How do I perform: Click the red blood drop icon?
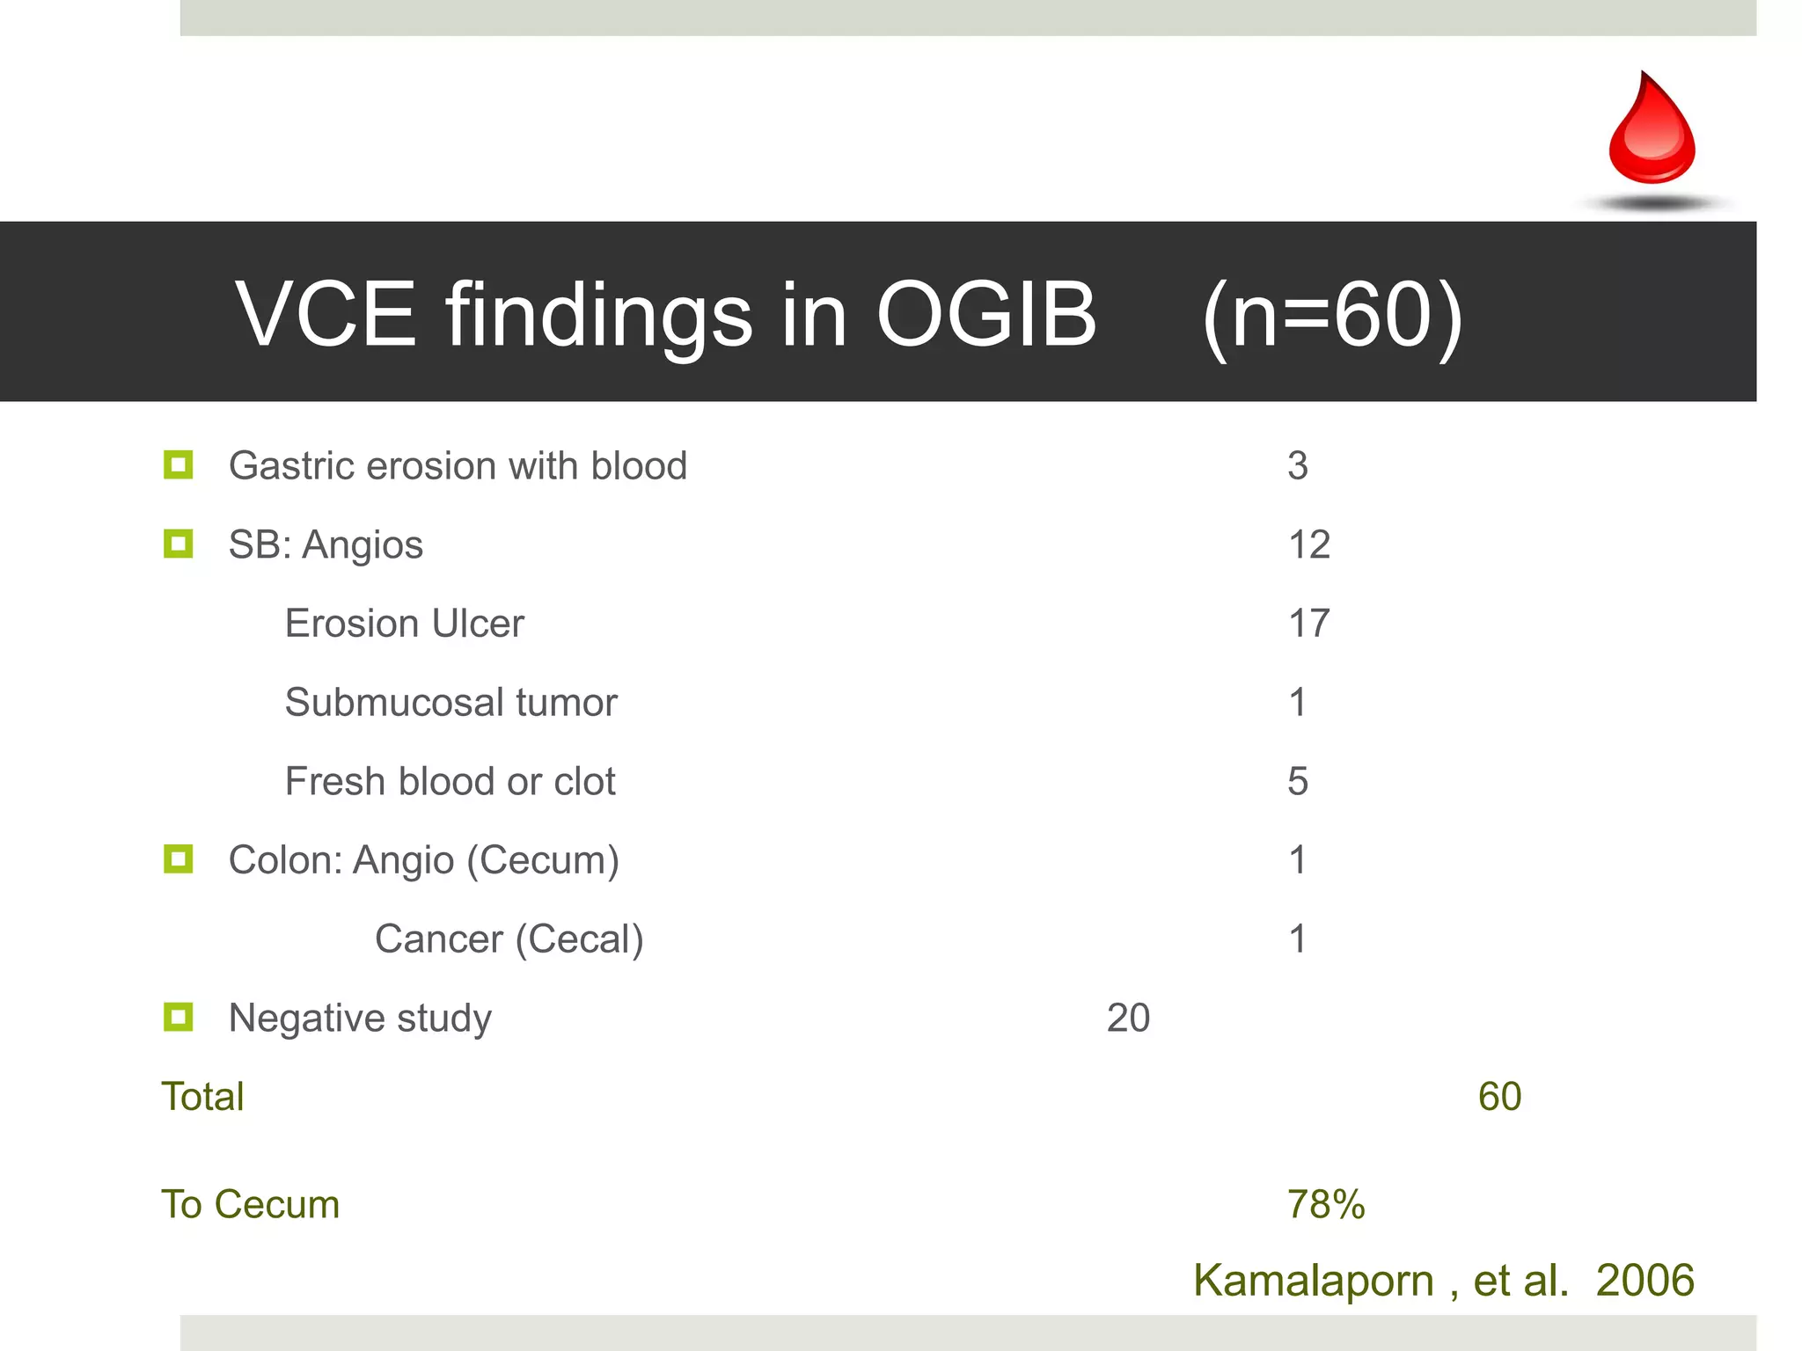click(1652, 130)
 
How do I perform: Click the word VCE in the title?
click(325, 314)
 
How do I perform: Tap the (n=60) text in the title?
click(1332, 316)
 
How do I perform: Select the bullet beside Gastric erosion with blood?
click(178, 464)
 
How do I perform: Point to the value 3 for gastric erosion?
click(1298, 465)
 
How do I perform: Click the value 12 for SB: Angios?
click(1308, 544)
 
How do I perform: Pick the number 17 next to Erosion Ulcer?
click(1308, 624)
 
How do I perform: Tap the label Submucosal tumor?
click(450, 703)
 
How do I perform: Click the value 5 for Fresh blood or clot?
click(1298, 781)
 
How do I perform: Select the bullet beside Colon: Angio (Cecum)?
click(178, 858)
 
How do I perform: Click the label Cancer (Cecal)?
click(509, 939)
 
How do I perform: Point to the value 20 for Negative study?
click(1128, 1018)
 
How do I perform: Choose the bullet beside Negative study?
click(178, 1017)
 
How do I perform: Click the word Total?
click(202, 1097)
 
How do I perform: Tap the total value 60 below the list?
click(1499, 1097)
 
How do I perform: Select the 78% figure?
click(1326, 1204)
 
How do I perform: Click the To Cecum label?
click(250, 1204)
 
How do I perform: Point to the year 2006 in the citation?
click(1645, 1280)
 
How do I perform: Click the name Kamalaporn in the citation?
click(1313, 1281)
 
